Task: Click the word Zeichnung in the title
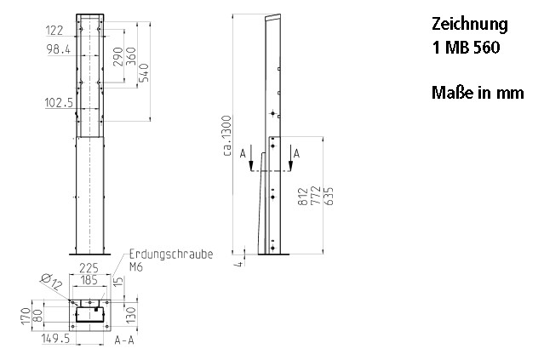click(470, 25)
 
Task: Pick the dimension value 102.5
click(60, 102)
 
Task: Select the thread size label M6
click(136, 266)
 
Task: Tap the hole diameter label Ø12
click(50, 281)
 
